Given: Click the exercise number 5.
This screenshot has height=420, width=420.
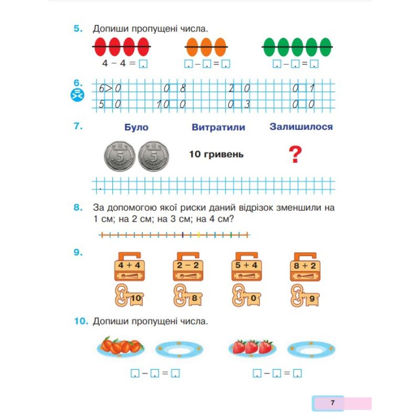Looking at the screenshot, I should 78,29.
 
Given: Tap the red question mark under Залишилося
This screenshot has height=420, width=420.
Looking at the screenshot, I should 297,155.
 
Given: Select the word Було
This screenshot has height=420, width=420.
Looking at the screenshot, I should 136,128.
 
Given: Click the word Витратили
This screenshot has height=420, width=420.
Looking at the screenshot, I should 218,128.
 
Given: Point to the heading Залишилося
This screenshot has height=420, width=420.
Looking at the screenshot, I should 301,127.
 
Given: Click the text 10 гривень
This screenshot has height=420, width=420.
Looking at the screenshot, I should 216,155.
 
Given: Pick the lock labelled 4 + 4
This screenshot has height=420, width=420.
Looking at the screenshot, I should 129,266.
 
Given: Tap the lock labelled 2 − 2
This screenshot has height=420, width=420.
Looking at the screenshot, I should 187,266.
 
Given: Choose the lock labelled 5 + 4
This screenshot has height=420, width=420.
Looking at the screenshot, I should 246,266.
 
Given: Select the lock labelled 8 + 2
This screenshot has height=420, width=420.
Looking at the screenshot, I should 304,266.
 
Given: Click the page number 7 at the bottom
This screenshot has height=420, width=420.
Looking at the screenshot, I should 332,403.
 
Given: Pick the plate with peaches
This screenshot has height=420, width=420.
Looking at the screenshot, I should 121,347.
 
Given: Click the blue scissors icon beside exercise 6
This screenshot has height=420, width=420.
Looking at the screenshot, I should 77,96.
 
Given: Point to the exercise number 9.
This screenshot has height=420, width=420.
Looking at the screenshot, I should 78,254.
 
